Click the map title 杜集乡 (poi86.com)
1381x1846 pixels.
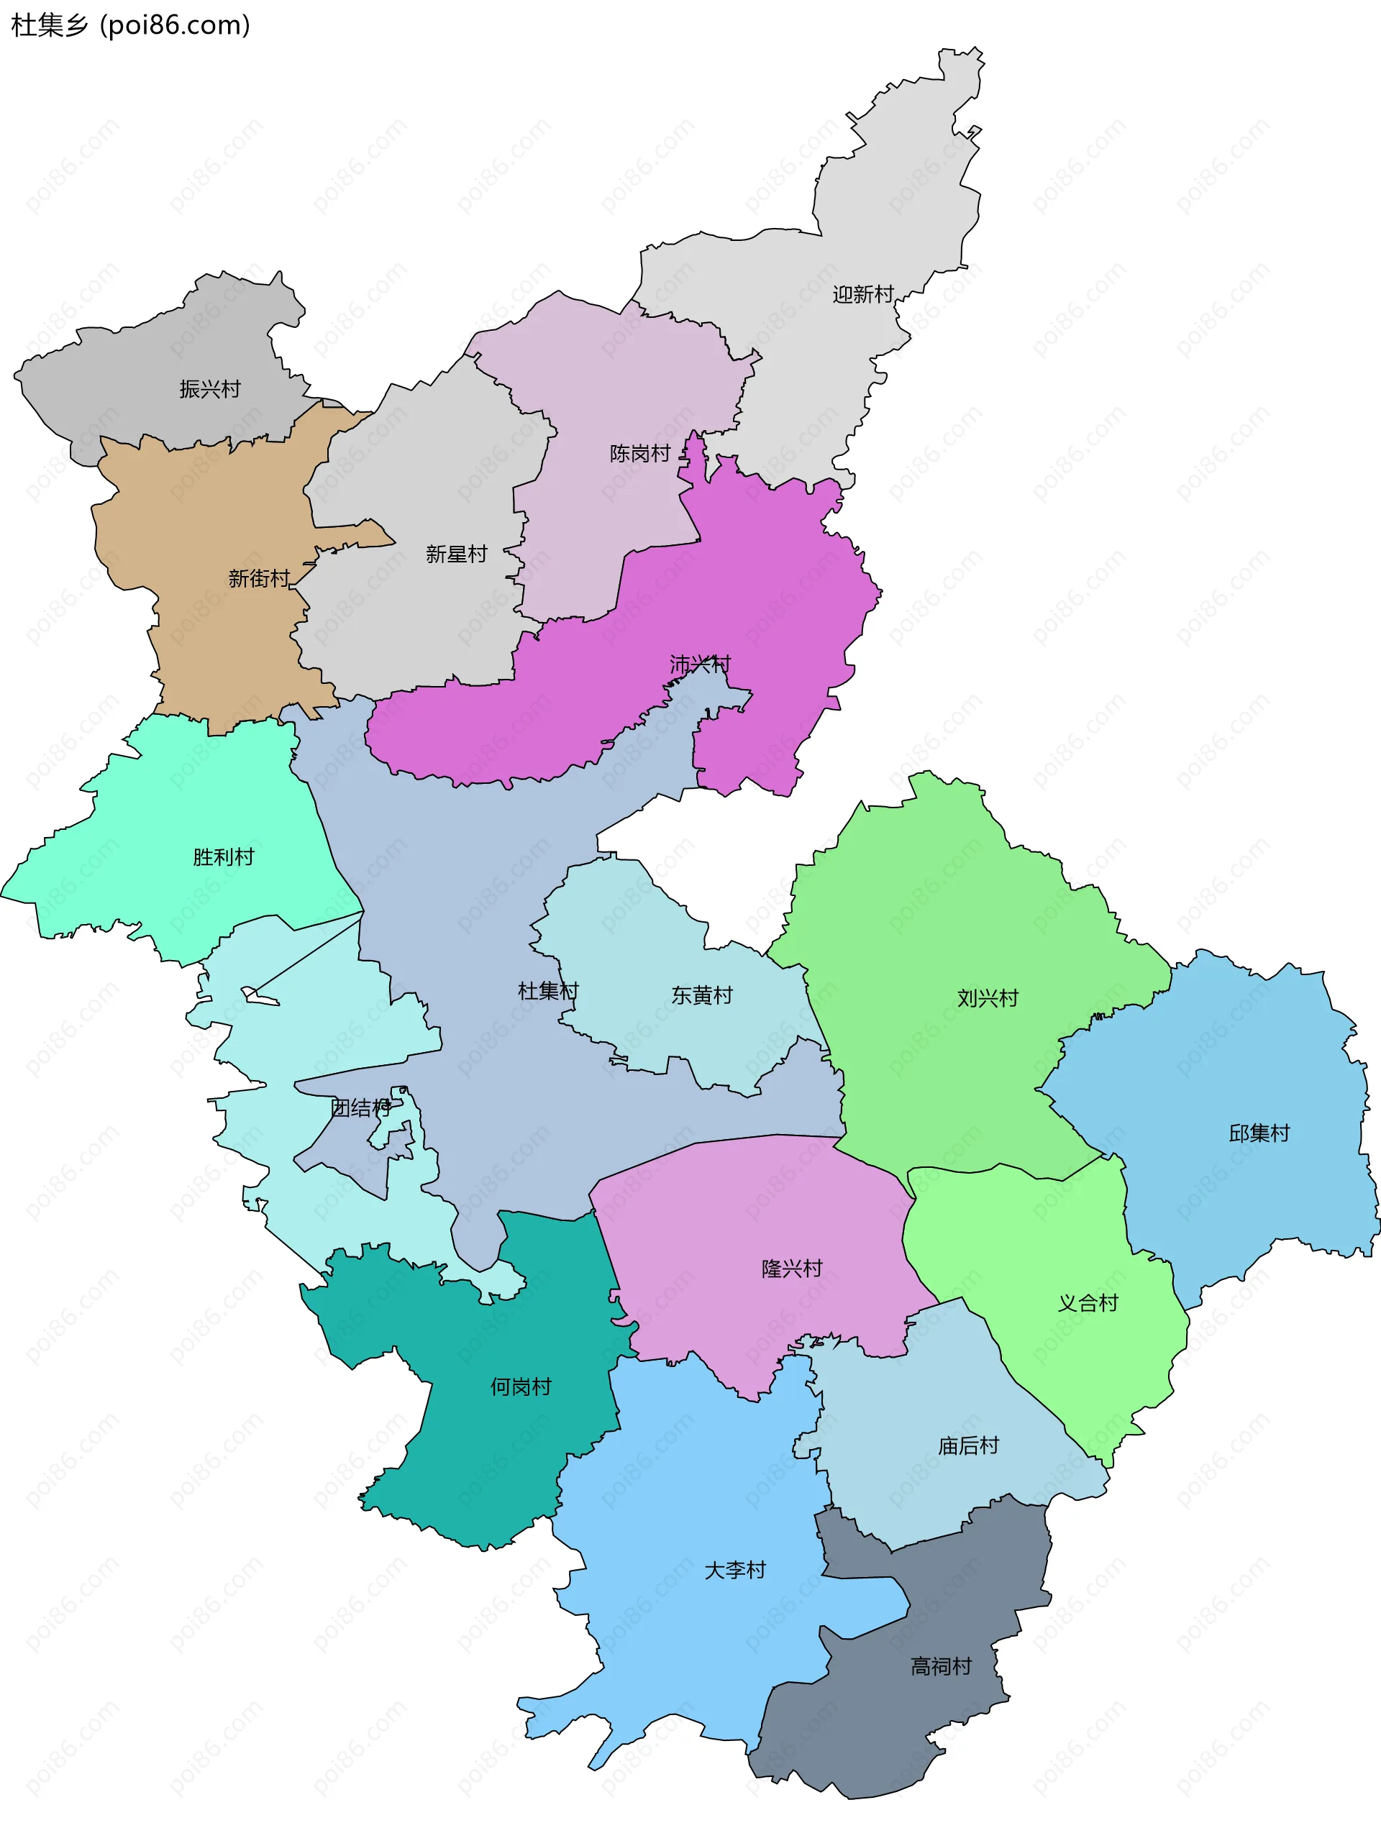pos(130,25)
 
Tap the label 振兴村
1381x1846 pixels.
pos(209,389)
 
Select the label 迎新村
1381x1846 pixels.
pos(862,295)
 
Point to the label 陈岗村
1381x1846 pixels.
pos(639,453)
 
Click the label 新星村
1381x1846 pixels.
pos(456,554)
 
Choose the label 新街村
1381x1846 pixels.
pos(259,578)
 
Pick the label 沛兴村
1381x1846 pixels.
pos(700,664)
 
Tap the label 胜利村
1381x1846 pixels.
pos(223,857)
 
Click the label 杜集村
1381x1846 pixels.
pos(547,990)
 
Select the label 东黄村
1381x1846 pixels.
pos(701,995)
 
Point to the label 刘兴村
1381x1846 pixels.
pos(987,998)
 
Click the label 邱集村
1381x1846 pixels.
pos(1259,1133)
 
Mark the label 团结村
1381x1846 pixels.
pos(360,1107)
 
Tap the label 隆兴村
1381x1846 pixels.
pos(791,1269)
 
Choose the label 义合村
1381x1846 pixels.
pos(1087,1303)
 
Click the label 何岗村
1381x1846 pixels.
pos(520,1386)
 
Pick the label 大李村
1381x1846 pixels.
pos(735,1570)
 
